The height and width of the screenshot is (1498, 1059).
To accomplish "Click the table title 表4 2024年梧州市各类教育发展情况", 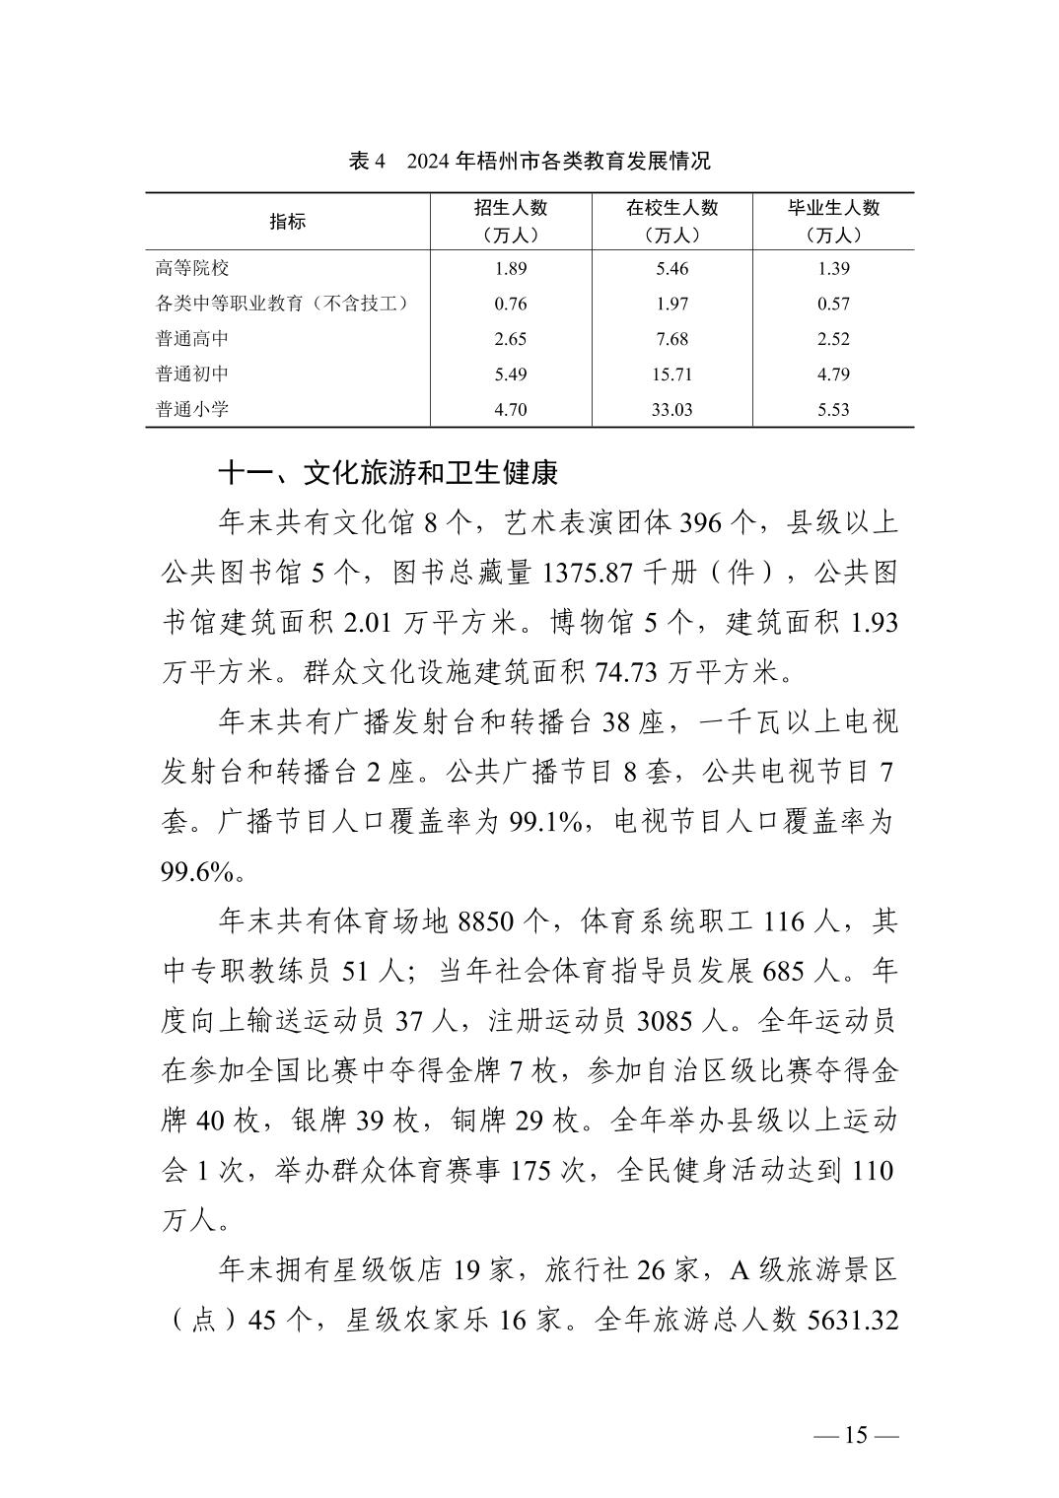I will (x=529, y=161).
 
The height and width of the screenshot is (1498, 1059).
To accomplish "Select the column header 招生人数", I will (x=510, y=209).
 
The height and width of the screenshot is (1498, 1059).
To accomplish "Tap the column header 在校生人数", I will (x=671, y=209).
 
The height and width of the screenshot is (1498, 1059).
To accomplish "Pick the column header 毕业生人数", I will (x=833, y=209).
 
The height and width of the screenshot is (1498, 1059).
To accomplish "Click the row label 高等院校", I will (x=192, y=268).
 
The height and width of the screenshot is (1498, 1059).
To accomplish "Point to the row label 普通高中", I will (x=192, y=339).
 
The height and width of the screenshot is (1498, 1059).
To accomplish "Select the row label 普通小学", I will (x=192, y=409).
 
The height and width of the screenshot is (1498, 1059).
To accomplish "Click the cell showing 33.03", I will (x=671, y=409).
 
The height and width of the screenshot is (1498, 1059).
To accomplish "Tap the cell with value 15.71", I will (x=671, y=374).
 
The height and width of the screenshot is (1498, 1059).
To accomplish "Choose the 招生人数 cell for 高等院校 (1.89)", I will (x=510, y=268).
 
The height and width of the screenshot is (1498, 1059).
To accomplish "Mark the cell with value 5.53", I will (x=833, y=409).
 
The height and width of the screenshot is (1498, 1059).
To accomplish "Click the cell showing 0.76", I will (x=510, y=304).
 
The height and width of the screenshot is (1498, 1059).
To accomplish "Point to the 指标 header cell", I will (x=288, y=222).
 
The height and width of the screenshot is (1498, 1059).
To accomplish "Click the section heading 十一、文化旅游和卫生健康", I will (x=388, y=474).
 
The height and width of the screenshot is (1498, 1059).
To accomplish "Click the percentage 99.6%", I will (x=196, y=871).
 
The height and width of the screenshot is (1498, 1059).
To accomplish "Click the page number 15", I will (x=856, y=1435).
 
